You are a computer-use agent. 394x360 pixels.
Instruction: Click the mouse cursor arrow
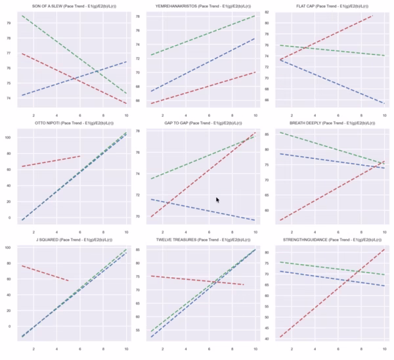[x=218, y=200]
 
